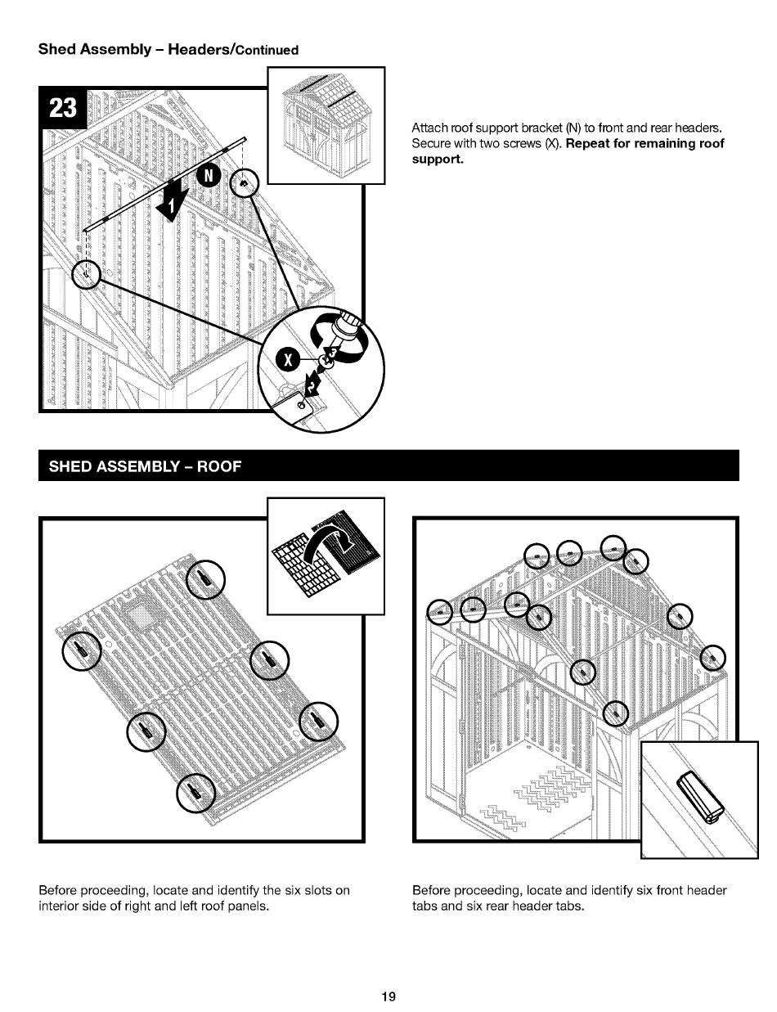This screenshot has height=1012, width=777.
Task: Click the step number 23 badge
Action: (64, 109)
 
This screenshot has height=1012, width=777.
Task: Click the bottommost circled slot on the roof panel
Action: (197, 793)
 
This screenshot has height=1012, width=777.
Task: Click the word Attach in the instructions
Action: (428, 129)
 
